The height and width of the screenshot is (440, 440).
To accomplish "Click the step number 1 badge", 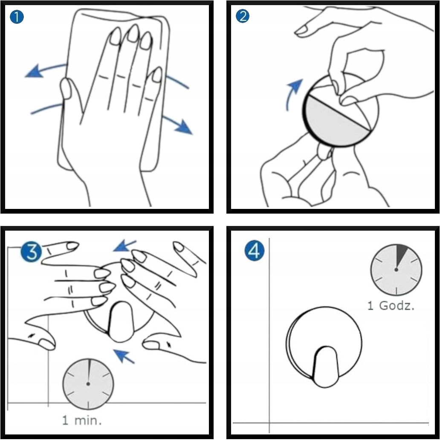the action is [x=17, y=17].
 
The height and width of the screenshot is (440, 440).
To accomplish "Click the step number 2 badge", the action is [x=243, y=16].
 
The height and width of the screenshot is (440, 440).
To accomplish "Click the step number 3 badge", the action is [x=31, y=252].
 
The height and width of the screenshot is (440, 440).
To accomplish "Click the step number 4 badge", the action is [x=254, y=251].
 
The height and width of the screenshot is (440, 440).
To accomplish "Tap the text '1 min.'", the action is [x=82, y=420].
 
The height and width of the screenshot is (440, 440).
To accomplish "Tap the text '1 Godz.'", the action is [x=391, y=306].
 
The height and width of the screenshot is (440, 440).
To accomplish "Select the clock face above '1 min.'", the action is [x=88, y=384].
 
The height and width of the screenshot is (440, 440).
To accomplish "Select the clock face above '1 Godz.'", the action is [x=396, y=269].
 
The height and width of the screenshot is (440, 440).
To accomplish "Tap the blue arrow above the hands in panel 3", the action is [x=124, y=246].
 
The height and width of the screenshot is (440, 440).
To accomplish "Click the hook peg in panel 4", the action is [x=325, y=367].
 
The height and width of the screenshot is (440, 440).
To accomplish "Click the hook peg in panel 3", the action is [x=120, y=322].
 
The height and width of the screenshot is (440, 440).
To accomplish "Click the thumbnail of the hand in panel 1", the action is [x=66, y=89].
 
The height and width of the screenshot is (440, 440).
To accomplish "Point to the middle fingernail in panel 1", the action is [x=133, y=34].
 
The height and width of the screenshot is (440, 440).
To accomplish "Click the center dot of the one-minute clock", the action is [x=88, y=384].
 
